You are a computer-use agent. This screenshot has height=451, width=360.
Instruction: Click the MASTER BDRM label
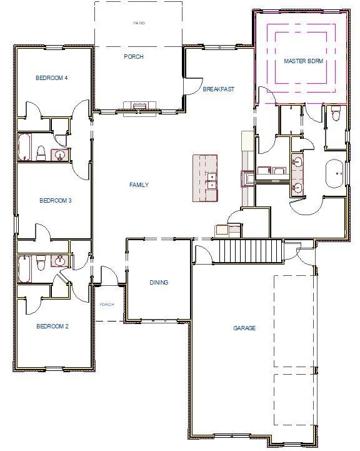pos(302,61)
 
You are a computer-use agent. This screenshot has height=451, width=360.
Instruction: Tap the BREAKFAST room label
pos(218,89)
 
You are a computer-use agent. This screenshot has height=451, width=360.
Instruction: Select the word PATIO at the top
pos(139,23)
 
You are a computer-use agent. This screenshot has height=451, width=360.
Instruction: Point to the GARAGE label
pos(244,328)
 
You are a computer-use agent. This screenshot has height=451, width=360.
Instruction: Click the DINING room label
pos(159,282)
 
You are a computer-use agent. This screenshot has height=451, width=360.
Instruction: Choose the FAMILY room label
pos(139,185)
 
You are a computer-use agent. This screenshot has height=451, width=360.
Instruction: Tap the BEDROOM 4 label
pos(51,78)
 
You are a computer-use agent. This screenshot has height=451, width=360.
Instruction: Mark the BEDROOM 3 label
pos(56,200)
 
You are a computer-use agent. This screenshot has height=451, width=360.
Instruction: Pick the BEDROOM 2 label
pos(51,326)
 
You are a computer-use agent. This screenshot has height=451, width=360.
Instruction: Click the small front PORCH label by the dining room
pos(107,305)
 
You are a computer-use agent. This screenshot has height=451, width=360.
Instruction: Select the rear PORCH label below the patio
pos(134,57)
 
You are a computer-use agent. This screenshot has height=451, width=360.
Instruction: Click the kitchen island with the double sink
pos(205,178)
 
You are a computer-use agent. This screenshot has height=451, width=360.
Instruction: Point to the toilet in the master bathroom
pos(336,114)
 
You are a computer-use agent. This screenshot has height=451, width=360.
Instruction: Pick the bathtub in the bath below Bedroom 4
pos(24,148)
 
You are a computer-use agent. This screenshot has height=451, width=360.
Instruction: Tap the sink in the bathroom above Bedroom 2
pos(61,261)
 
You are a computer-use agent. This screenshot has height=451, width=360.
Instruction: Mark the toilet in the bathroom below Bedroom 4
pos(41,153)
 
